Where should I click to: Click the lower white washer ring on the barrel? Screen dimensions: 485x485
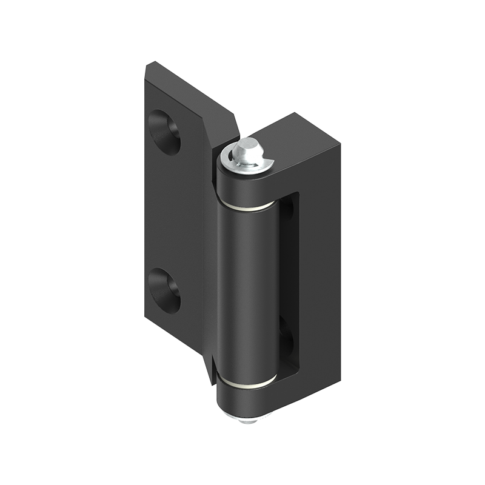pyautogui.click(x=246, y=383)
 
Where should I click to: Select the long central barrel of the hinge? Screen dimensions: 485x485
pyautogui.click(x=246, y=291)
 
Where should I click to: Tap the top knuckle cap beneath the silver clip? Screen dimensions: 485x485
pyautogui.click(x=246, y=185)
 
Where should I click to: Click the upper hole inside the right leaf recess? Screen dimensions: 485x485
pyautogui.click(x=287, y=209)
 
